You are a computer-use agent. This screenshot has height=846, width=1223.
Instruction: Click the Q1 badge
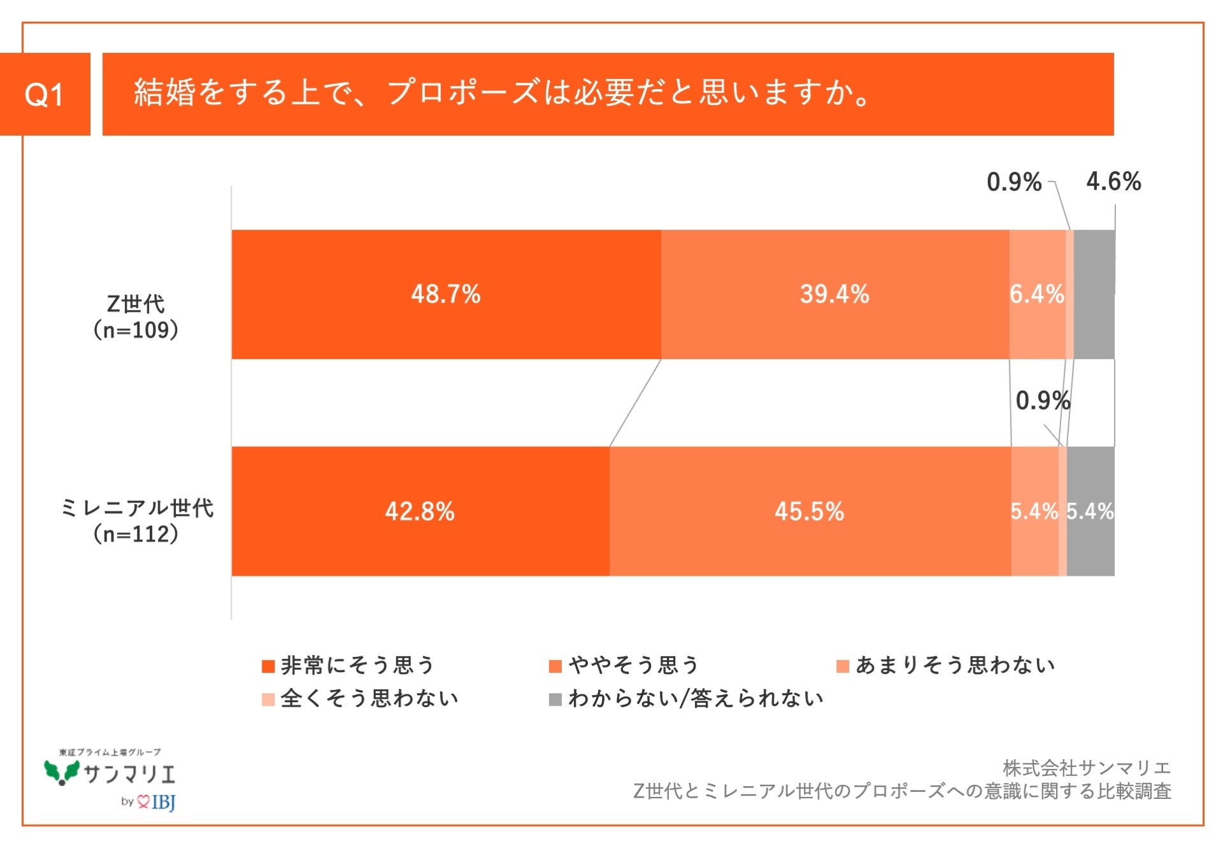(45, 94)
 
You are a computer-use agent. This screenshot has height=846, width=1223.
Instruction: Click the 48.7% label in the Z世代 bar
(445, 294)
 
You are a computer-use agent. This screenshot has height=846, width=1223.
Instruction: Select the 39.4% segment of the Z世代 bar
(834, 294)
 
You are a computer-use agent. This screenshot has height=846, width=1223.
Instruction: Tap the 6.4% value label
(1036, 294)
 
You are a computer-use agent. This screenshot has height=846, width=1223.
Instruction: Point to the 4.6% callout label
(1113, 181)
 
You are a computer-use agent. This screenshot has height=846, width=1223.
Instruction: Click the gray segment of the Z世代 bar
(1094, 294)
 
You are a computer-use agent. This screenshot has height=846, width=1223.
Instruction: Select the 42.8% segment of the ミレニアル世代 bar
(420, 511)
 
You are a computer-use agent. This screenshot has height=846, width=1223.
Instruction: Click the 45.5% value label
(809, 511)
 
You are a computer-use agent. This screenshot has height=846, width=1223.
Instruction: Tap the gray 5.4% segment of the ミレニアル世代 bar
(1091, 511)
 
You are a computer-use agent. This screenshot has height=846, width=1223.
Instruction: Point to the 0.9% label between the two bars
(1042, 400)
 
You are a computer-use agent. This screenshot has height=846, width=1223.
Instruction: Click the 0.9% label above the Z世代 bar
(1013, 182)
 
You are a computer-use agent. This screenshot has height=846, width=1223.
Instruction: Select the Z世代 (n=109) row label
(136, 317)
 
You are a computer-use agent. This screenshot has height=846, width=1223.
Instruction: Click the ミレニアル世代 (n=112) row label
(136, 521)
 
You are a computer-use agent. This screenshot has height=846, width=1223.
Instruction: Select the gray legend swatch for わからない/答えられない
(555, 699)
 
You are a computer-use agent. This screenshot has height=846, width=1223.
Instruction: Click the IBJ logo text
(163, 802)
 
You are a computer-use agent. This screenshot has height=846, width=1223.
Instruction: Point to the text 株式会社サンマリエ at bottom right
(1086, 768)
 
